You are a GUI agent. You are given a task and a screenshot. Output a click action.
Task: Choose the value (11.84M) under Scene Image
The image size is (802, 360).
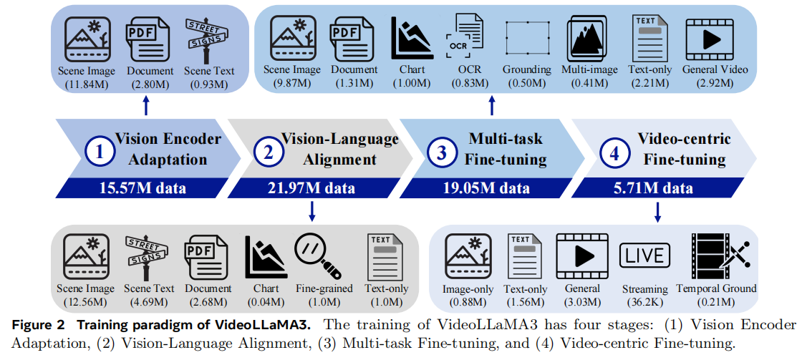[x=87, y=84]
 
